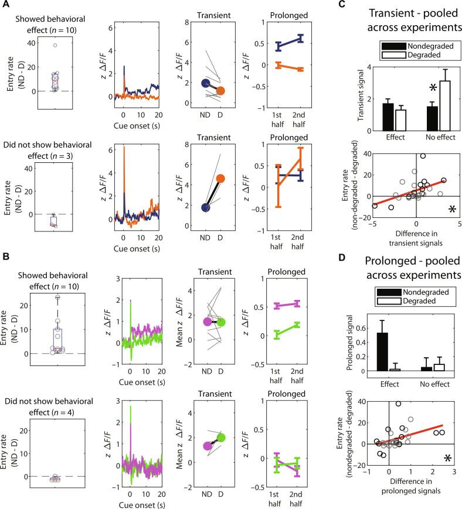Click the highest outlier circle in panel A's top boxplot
coord(55,45)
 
